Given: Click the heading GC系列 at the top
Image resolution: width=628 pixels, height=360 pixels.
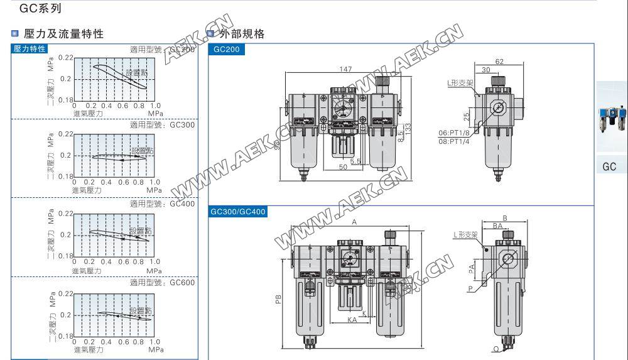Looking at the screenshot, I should [x=41, y=9].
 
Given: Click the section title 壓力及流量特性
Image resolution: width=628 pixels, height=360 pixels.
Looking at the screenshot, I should [x=63, y=34].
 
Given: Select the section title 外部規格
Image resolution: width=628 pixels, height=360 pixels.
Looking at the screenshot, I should [x=241, y=34].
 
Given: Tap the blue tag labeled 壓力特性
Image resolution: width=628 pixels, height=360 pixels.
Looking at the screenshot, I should [x=30, y=49].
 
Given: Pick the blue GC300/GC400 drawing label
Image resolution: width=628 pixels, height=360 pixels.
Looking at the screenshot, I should [x=238, y=212].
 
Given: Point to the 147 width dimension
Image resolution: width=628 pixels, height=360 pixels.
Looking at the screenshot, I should [x=344, y=68].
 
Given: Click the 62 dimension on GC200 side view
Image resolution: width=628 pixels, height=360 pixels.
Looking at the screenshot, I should [x=499, y=62].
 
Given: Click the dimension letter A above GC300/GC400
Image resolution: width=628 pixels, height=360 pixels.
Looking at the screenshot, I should [x=354, y=222].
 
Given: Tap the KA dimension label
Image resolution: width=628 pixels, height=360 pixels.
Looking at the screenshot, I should [x=352, y=320].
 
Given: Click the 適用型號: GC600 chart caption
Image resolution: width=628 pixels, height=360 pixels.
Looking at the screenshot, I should [x=162, y=283].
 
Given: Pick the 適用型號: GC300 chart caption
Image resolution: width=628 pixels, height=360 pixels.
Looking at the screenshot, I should [x=162, y=125].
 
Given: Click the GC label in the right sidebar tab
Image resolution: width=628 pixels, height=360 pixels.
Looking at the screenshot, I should [x=609, y=167].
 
